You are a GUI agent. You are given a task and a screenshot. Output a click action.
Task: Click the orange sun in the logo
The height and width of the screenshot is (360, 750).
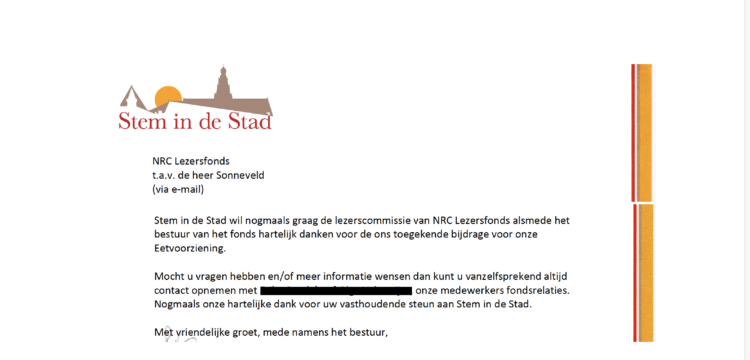click(168, 97)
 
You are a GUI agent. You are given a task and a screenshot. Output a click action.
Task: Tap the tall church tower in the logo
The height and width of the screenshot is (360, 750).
click(223, 84)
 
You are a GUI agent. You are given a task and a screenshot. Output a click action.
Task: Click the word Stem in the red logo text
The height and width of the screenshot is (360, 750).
click(142, 121)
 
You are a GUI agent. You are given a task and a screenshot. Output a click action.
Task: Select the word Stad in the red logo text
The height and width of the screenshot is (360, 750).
click(249, 121)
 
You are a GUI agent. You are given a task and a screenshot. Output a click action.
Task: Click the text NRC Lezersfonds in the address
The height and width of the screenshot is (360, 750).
click(191, 161)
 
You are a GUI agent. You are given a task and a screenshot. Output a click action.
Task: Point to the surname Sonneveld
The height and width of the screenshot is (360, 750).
click(240, 175)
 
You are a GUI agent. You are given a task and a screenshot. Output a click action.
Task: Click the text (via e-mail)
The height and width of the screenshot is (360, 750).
click(178, 189)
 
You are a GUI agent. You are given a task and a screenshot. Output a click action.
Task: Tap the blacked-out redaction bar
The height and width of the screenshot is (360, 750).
click(336, 291)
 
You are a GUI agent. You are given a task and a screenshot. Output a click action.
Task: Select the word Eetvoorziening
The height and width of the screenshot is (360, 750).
click(190, 248)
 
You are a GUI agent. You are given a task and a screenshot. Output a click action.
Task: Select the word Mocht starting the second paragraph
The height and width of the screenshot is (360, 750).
click(169, 277)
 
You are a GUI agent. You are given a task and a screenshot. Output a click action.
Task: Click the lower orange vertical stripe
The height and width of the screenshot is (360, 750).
click(646, 273)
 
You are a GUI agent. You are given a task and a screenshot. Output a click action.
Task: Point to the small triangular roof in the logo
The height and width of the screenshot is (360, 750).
click(132, 97)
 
